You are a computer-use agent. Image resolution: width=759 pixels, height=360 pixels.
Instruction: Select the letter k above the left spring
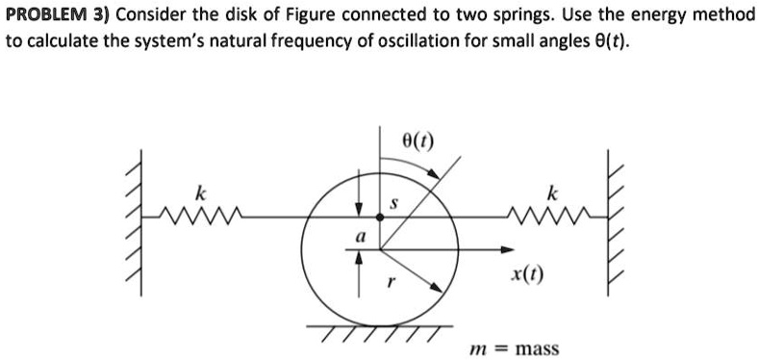[x=200, y=193]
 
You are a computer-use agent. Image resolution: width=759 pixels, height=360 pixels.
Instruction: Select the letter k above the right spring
[x=551, y=193]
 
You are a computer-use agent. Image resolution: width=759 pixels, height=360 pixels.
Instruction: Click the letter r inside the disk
[x=389, y=284]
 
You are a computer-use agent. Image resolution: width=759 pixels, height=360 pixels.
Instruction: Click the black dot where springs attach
[x=380, y=219]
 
